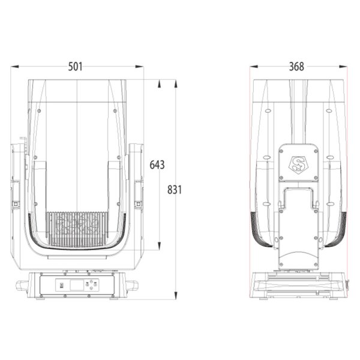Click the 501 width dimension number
pyautogui.click(x=75, y=67)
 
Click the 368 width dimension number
pyautogui.click(x=296, y=67)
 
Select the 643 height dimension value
pyautogui.click(x=157, y=164)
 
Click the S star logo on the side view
pyautogui.click(x=298, y=164)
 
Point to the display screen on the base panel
pyautogui.click(x=73, y=284)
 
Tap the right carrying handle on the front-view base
pyautogui.click(x=131, y=285)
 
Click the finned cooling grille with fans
pyautogui.click(x=76, y=227)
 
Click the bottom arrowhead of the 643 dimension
pyautogui.click(x=159, y=247)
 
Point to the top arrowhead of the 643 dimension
pyautogui.click(x=159, y=83)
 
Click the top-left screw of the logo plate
pyautogui.click(x=281, y=152)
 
